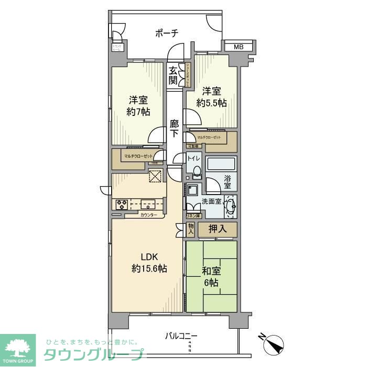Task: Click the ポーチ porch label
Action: tap(167, 34)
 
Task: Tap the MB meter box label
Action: tap(239, 47)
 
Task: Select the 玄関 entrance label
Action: tap(173, 75)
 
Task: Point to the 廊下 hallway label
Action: tap(175, 128)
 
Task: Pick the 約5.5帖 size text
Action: tap(212, 103)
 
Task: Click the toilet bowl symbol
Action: tap(196, 170)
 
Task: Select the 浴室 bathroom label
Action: tap(228, 181)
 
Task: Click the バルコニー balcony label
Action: tap(181, 336)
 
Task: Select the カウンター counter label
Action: tap(148, 214)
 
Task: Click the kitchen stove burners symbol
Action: tap(122, 204)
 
